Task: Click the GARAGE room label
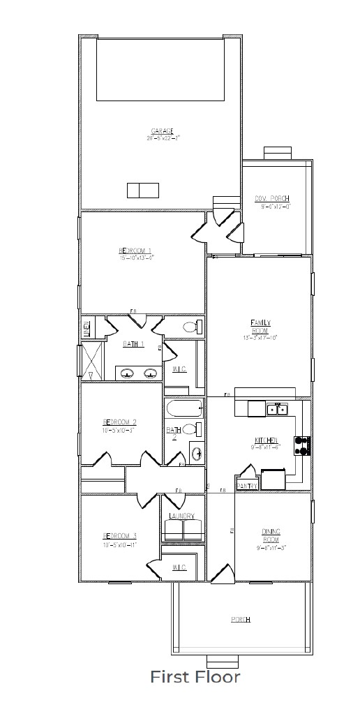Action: [162, 131]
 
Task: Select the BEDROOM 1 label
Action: [135, 251]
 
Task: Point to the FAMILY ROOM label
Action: [260, 326]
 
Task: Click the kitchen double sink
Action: [277, 409]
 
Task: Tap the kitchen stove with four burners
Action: [303, 445]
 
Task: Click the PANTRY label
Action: [247, 485]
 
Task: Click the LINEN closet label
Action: [87, 328]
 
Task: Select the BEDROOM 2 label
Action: [119, 422]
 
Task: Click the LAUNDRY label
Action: [181, 516]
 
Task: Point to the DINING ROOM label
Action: [271, 535]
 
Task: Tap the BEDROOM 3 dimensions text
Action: [119, 544]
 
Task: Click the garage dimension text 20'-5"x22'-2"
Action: [162, 137]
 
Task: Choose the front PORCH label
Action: [241, 620]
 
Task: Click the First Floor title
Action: [195, 677]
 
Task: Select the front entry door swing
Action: [221, 572]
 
